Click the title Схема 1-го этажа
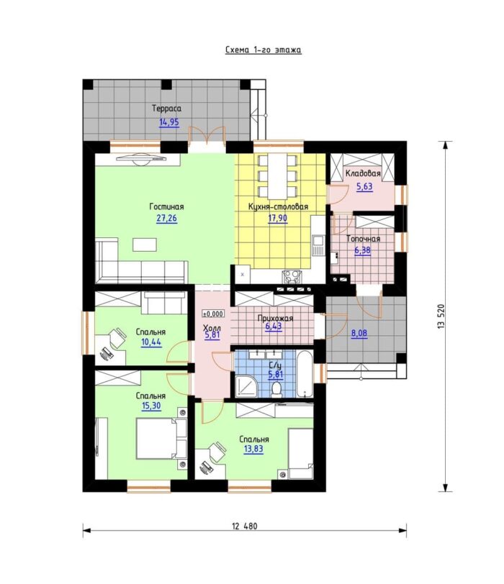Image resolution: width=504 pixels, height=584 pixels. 264,50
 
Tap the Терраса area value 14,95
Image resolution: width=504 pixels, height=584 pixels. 169,122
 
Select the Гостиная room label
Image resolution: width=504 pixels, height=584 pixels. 166,206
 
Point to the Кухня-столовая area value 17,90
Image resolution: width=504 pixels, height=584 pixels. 278,218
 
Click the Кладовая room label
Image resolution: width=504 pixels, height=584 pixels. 363,173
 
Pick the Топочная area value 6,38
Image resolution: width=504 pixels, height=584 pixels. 362,250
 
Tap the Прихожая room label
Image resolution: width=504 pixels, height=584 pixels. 276,319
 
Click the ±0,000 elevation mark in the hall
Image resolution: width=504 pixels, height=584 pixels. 213,314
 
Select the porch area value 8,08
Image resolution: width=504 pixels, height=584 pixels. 359,333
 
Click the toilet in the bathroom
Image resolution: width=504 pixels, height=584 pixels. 276,390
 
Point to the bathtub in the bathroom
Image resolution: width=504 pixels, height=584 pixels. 305,374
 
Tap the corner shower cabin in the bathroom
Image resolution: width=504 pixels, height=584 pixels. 247,386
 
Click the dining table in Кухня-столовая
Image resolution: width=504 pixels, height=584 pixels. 277,176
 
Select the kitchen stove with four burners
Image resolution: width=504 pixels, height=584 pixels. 292,277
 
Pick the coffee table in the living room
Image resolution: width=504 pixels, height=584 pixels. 145,245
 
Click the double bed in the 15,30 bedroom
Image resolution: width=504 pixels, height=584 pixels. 161,439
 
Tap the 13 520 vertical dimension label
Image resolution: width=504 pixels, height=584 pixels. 441,316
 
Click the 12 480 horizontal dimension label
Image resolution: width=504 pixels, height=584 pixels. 245,526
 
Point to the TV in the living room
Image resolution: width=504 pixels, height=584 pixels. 141,159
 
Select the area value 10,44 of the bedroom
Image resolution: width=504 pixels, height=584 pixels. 151,342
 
